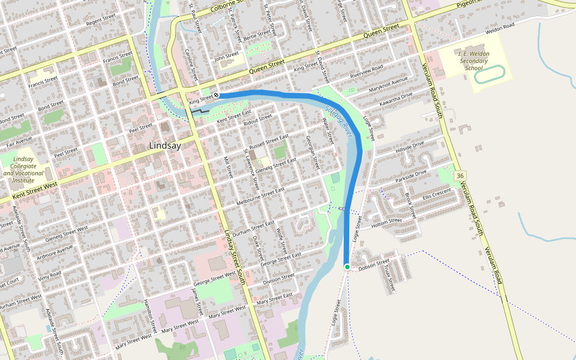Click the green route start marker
point(347,266)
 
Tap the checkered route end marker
point(216,95)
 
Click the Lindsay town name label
point(165,146)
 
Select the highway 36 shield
point(460,175)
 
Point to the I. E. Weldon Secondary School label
point(473,61)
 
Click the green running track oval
point(490,73)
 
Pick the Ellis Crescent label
point(436,194)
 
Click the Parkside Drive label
point(411,176)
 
